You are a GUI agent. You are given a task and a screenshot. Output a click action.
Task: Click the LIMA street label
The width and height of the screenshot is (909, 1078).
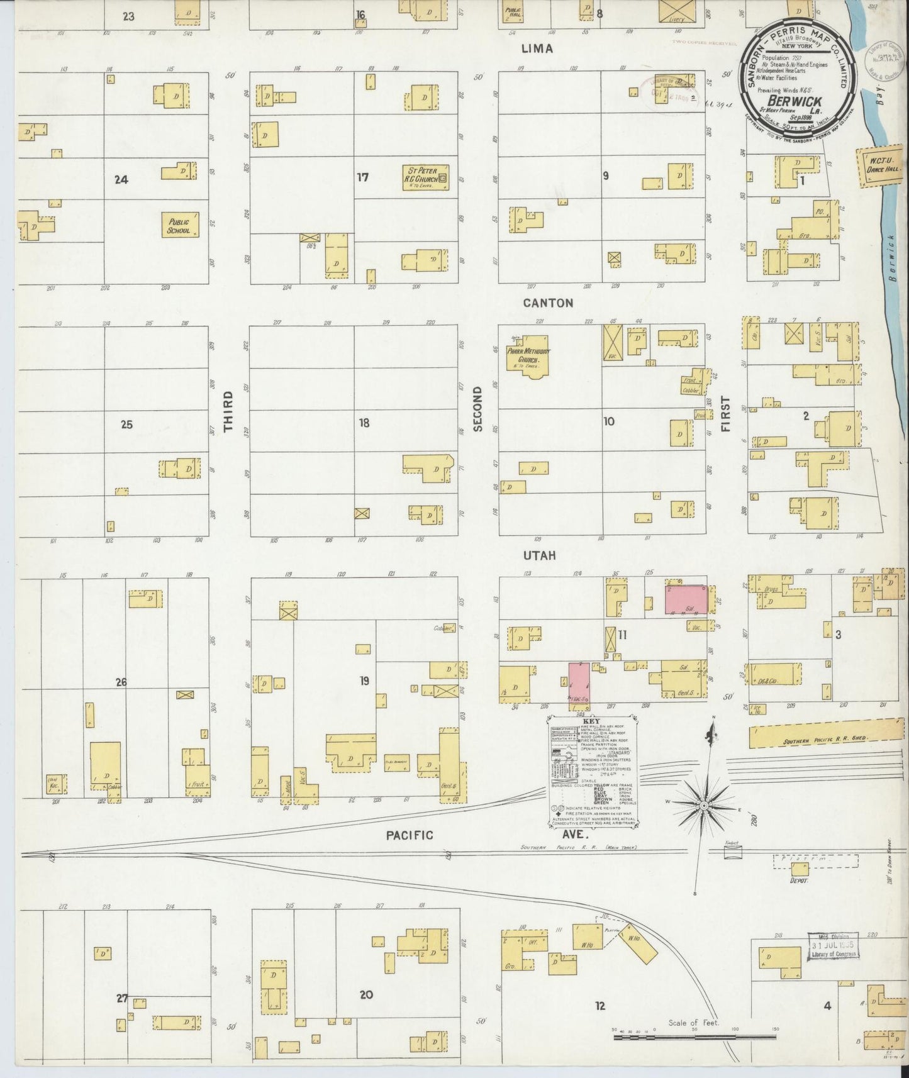(537, 48)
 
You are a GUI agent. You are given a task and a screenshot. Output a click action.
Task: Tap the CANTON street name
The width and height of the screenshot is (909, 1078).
(548, 303)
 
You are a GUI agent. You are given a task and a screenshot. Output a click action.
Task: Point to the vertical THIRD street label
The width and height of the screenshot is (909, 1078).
(228, 411)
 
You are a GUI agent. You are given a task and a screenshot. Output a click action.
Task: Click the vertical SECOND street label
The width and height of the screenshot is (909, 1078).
(477, 409)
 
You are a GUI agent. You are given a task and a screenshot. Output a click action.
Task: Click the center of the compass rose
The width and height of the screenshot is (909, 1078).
(704, 805)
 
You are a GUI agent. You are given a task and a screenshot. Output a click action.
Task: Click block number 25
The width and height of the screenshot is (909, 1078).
(126, 425)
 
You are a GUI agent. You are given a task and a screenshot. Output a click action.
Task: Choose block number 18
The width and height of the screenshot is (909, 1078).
(364, 423)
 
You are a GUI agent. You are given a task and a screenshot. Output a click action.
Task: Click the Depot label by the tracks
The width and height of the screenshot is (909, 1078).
(798, 881)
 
